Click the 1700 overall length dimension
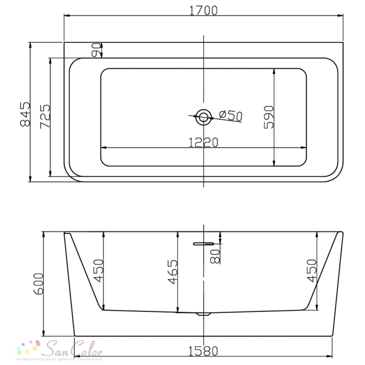tap(203, 11)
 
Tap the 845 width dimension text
tap(26, 114)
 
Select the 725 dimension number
tap(45, 116)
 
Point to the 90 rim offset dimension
tap(96, 50)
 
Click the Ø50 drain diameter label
tap(231, 115)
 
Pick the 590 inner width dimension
tap(269, 117)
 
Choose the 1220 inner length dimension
tap(203, 142)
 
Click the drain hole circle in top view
tap(204, 117)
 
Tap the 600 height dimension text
tap(39, 284)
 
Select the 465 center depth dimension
tap(173, 272)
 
